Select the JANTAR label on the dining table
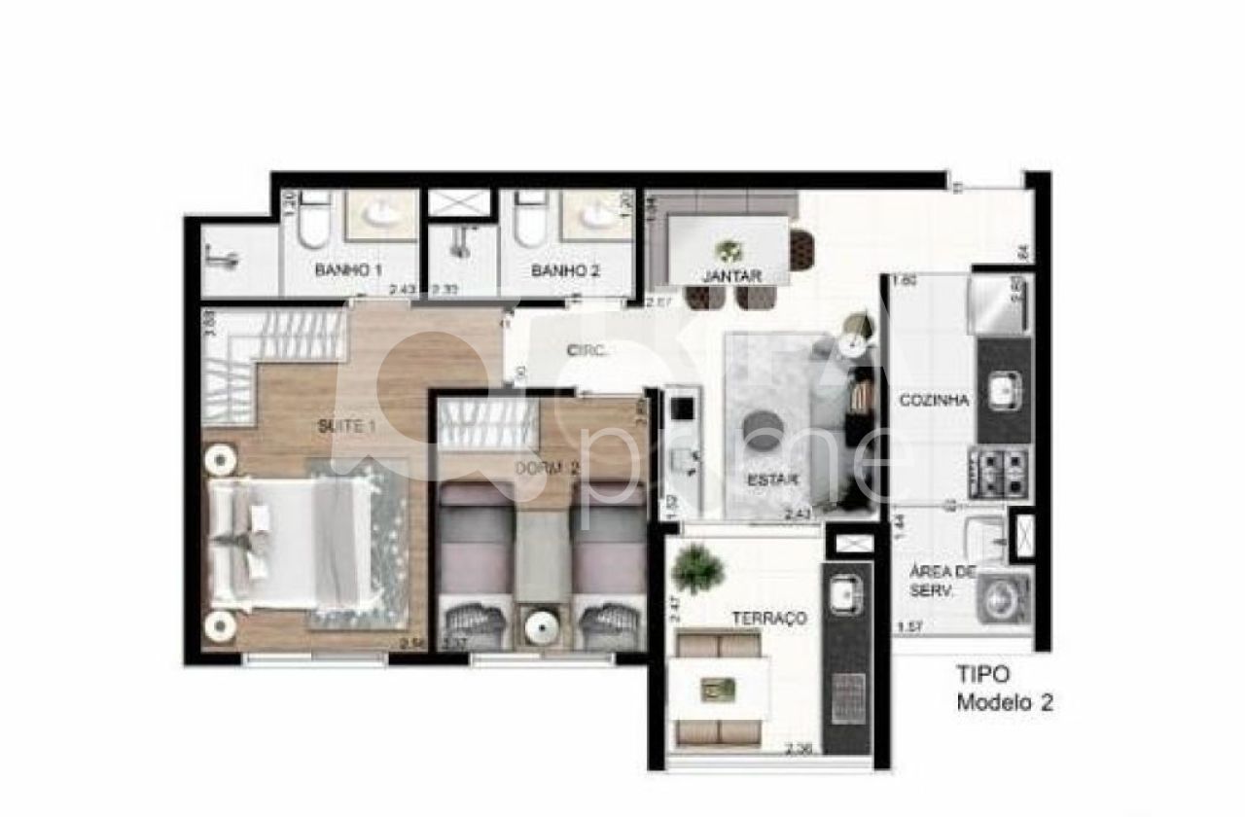[x=731, y=275]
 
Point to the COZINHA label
[x=934, y=400]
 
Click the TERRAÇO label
[x=770, y=618]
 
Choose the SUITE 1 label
[x=345, y=425]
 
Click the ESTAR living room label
[x=773, y=480]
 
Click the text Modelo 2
[x=1005, y=702]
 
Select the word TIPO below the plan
[x=983, y=673]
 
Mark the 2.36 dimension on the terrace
[x=800, y=747]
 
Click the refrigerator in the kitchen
[x=999, y=304]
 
